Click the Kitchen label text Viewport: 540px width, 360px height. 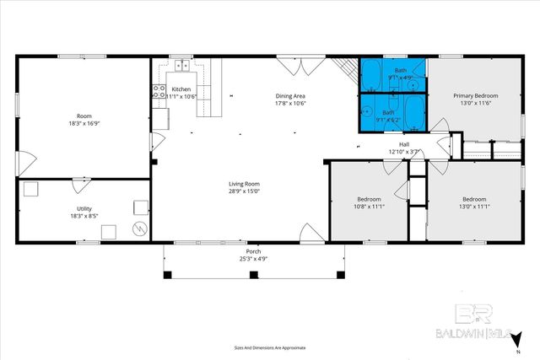pyautogui.click(x=181, y=89)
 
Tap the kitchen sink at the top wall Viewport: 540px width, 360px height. pyautogui.click(x=182, y=65)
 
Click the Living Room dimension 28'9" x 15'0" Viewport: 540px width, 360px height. pyautogui.click(x=244, y=191)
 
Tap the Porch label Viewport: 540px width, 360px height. pyautogui.click(x=253, y=251)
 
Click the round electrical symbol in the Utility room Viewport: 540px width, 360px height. pyautogui.click(x=140, y=228)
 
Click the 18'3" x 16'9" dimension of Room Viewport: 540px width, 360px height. pyautogui.click(x=84, y=123)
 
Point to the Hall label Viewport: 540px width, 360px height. pyautogui.click(x=404, y=145)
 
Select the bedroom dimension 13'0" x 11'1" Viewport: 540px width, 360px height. pyautogui.click(x=473, y=207)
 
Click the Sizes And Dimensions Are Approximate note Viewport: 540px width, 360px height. pyautogui.click(x=270, y=347)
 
